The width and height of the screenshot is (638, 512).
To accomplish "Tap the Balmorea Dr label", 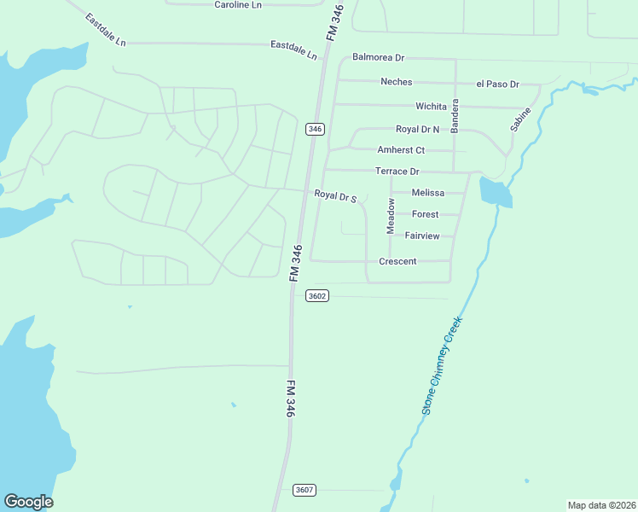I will tap(378, 57).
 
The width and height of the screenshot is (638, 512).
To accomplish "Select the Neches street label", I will tap(396, 82).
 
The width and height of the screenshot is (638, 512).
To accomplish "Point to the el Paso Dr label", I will tap(497, 84).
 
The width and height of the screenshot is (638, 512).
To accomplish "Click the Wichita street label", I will tap(431, 106).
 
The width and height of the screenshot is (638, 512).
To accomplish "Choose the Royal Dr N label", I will tap(417, 129).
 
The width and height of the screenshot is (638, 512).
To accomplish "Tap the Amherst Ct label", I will tap(401, 149).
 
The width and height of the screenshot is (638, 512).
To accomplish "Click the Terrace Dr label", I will tap(397, 172).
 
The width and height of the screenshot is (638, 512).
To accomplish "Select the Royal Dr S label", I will tap(334, 196).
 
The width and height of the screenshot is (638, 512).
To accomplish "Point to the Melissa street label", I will tap(428, 193).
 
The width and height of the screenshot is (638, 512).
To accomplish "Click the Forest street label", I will tap(425, 214).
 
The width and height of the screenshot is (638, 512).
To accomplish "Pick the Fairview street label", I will tap(422, 235).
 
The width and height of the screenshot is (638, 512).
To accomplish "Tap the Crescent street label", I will tap(397, 261).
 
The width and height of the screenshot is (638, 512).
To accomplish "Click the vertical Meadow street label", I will tap(391, 216).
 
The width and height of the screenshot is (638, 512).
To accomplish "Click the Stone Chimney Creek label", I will tap(441, 366).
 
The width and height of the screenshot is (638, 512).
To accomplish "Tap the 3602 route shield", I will tap(316, 295).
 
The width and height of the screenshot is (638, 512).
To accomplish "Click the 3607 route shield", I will tap(304, 490).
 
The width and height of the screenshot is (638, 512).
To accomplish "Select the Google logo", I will tap(28, 502).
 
